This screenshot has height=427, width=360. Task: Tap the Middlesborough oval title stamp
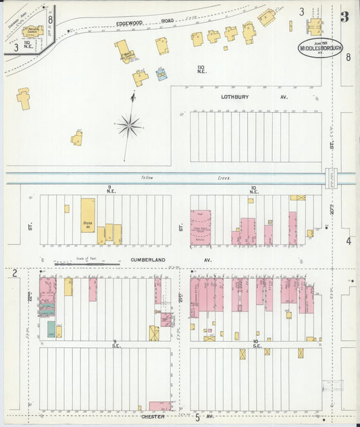click(x=321, y=49)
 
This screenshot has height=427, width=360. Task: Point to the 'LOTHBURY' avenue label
click(x=235, y=97)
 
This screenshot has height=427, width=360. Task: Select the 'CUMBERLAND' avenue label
click(x=147, y=259)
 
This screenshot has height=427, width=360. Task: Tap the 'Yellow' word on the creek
click(x=148, y=178)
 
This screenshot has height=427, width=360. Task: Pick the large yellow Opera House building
click(x=88, y=215)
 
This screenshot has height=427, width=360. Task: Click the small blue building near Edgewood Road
click(x=161, y=74)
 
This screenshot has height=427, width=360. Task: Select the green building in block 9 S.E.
click(x=51, y=328)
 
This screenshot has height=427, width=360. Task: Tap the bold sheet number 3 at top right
click(x=344, y=17)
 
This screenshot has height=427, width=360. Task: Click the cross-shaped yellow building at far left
click(x=24, y=99)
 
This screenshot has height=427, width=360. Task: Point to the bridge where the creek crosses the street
click(x=330, y=178)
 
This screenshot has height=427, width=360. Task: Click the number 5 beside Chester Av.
click(x=197, y=418)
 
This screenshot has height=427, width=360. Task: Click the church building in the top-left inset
click(x=32, y=31)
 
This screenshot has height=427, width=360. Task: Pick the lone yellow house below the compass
click(x=77, y=139)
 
